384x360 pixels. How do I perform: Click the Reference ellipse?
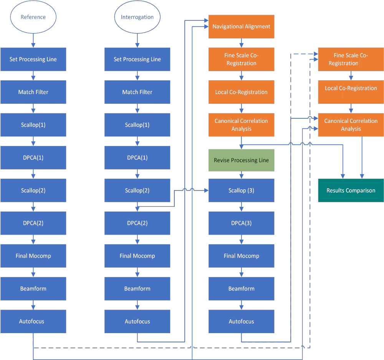(x=33, y=17)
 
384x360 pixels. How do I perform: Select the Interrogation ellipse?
(x=137, y=17)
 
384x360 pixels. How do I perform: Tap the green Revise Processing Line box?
(x=241, y=160)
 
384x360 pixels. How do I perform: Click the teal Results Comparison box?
(x=351, y=191)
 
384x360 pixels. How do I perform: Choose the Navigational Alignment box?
(x=241, y=27)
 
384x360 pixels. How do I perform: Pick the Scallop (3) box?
(x=241, y=191)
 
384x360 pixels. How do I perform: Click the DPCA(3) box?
(x=241, y=223)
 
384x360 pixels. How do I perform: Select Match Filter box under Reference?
(x=33, y=92)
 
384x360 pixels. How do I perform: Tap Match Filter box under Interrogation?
(x=137, y=92)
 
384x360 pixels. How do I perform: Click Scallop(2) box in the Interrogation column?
(x=137, y=191)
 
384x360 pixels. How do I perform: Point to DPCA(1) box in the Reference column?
(x=33, y=158)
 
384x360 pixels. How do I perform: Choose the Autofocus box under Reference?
(x=33, y=321)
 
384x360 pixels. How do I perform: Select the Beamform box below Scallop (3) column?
(x=241, y=289)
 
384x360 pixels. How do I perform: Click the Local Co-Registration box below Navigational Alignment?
(x=241, y=92)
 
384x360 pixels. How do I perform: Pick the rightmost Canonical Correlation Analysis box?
(x=351, y=125)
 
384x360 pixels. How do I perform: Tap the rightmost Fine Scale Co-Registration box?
(x=351, y=59)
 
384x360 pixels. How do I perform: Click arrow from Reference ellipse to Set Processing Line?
(x=33, y=40)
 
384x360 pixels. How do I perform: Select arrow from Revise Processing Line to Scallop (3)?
(x=241, y=175)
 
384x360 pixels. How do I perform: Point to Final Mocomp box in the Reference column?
(x=33, y=256)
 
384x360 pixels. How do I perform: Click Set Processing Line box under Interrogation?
(x=137, y=59)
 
